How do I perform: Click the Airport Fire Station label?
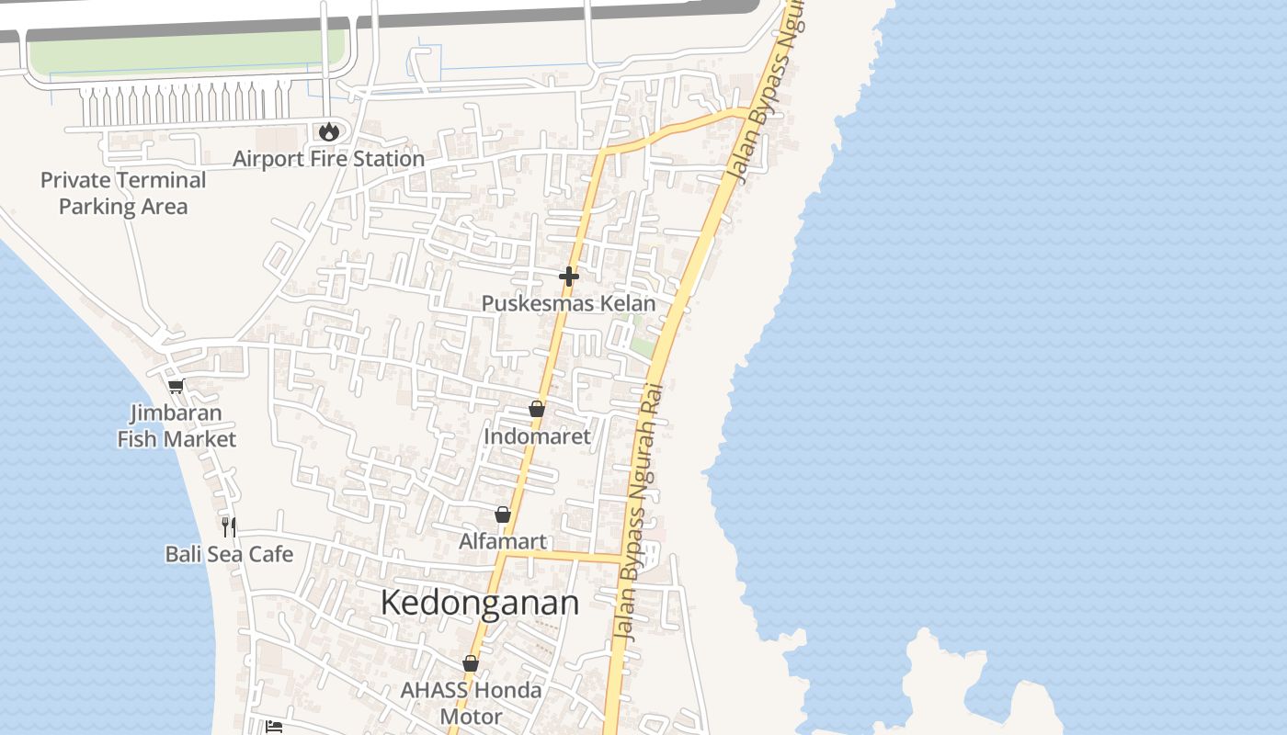click(328, 159)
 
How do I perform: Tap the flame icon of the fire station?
click(328, 131)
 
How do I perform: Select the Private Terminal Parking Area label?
click(123, 193)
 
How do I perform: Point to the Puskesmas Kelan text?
click(569, 303)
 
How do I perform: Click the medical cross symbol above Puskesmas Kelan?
click(569, 276)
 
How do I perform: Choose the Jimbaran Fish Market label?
click(177, 426)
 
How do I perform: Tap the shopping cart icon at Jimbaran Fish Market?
click(176, 386)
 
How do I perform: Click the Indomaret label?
click(537, 436)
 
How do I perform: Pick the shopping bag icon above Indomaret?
click(537, 409)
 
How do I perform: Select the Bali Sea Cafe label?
click(229, 554)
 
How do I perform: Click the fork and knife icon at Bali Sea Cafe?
click(229, 526)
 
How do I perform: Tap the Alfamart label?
click(503, 541)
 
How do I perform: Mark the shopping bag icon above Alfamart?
click(503, 514)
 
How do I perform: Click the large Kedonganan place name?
click(479, 604)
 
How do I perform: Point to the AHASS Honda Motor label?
click(471, 703)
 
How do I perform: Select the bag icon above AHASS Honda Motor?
click(471, 663)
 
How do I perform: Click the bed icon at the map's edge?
click(274, 727)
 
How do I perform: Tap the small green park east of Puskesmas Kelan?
click(643, 346)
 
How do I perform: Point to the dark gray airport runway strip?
click(460, 22)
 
